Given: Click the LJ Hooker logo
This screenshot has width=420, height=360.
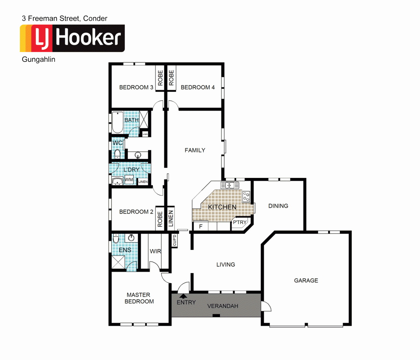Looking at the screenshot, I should (72, 38).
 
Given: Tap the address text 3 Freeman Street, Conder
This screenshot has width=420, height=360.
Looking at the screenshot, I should (64, 18).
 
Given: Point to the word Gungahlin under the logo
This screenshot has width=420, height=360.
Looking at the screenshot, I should (39, 59).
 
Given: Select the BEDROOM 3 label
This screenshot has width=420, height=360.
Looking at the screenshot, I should (136, 88).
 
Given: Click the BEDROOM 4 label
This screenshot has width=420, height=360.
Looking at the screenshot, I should (197, 88).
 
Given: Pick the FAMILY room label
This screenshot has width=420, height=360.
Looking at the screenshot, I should (195, 150).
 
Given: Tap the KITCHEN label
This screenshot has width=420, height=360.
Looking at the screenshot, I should (222, 207).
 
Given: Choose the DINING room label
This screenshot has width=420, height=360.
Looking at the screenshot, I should (278, 206).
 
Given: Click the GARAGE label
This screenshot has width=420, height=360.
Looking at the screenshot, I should (306, 280).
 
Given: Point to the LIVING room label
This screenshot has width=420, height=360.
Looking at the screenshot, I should (226, 264).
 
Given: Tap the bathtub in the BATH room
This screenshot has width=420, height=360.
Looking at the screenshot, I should (117, 122).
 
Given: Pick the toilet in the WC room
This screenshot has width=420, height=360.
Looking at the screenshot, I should (117, 154).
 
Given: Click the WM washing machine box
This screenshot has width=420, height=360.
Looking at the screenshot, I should (129, 180).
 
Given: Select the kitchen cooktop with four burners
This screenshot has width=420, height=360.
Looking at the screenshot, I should (246, 196).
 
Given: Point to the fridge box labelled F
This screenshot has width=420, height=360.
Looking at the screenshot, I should (200, 226).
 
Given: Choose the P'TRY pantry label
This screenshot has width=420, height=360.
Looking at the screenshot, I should (240, 223).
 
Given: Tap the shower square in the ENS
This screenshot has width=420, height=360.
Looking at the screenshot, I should (119, 262).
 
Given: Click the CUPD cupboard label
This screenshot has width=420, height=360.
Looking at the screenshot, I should (175, 240).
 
